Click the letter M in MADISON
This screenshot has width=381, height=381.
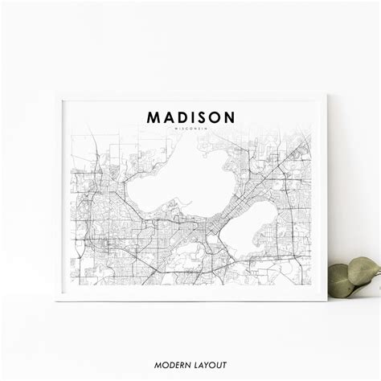click(x=153, y=117)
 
